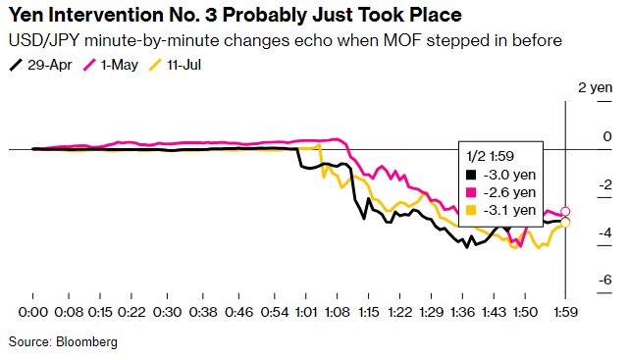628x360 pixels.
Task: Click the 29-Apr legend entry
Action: click(40, 65)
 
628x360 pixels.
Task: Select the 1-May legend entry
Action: click(111, 65)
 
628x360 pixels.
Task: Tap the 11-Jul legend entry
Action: click(175, 65)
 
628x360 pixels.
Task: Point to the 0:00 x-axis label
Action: click(32, 312)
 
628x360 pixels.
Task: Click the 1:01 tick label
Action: click(306, 312)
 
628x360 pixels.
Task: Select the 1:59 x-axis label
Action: click(565, 312)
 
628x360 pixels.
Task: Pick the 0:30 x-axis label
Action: click(167, 312)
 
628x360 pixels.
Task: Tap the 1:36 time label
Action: click(462, 312)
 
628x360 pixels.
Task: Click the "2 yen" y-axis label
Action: click(596, 87)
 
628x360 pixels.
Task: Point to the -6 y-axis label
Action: click(605, 280)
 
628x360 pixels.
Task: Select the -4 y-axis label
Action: click(605, 232)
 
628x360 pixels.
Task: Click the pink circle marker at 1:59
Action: click(565, 212)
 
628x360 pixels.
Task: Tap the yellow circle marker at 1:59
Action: click(565, 223)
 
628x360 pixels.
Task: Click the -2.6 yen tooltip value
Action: click(509, 192)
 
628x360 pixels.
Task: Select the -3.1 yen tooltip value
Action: click(509, 210)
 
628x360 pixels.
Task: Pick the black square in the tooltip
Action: click(471, 175)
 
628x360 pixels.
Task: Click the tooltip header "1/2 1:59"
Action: click(491, 156)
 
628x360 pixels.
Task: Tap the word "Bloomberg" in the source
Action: click(86, 342)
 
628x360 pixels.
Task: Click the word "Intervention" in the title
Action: click(108, 16)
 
